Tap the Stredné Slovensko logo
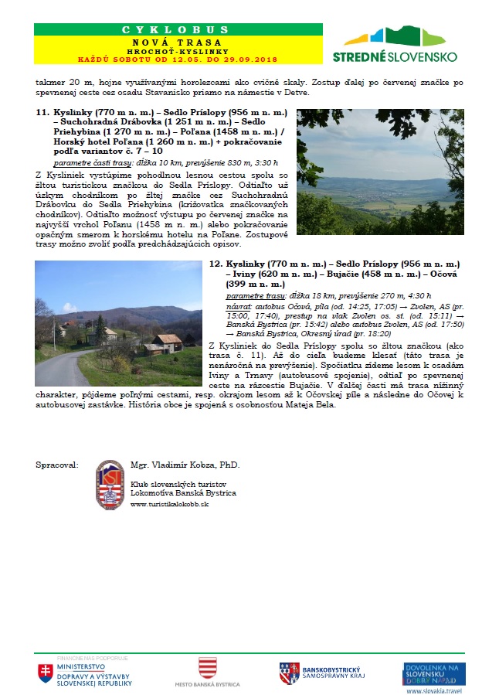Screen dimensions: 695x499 pyautogui.click(x=395, y=45)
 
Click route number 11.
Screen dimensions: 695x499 pyautogui.click(x=42, y=112)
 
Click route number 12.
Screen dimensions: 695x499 pyautogui.click(x=216, y=264)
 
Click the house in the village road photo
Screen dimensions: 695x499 pyautogui.click(x=167, y=341)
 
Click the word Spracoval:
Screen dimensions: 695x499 pyautogui.click(x=56, y=465)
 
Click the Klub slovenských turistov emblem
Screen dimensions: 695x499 pyautogui.click(x=110, y=485)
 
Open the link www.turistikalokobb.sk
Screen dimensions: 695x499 pyautogui.click(x=170, y=503)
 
